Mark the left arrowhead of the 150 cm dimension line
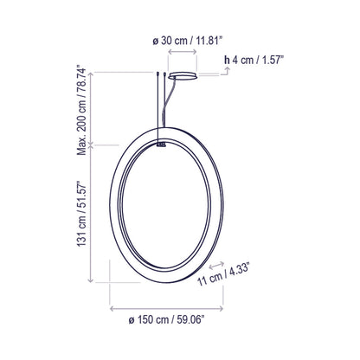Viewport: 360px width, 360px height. click(x=112, y=307)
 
